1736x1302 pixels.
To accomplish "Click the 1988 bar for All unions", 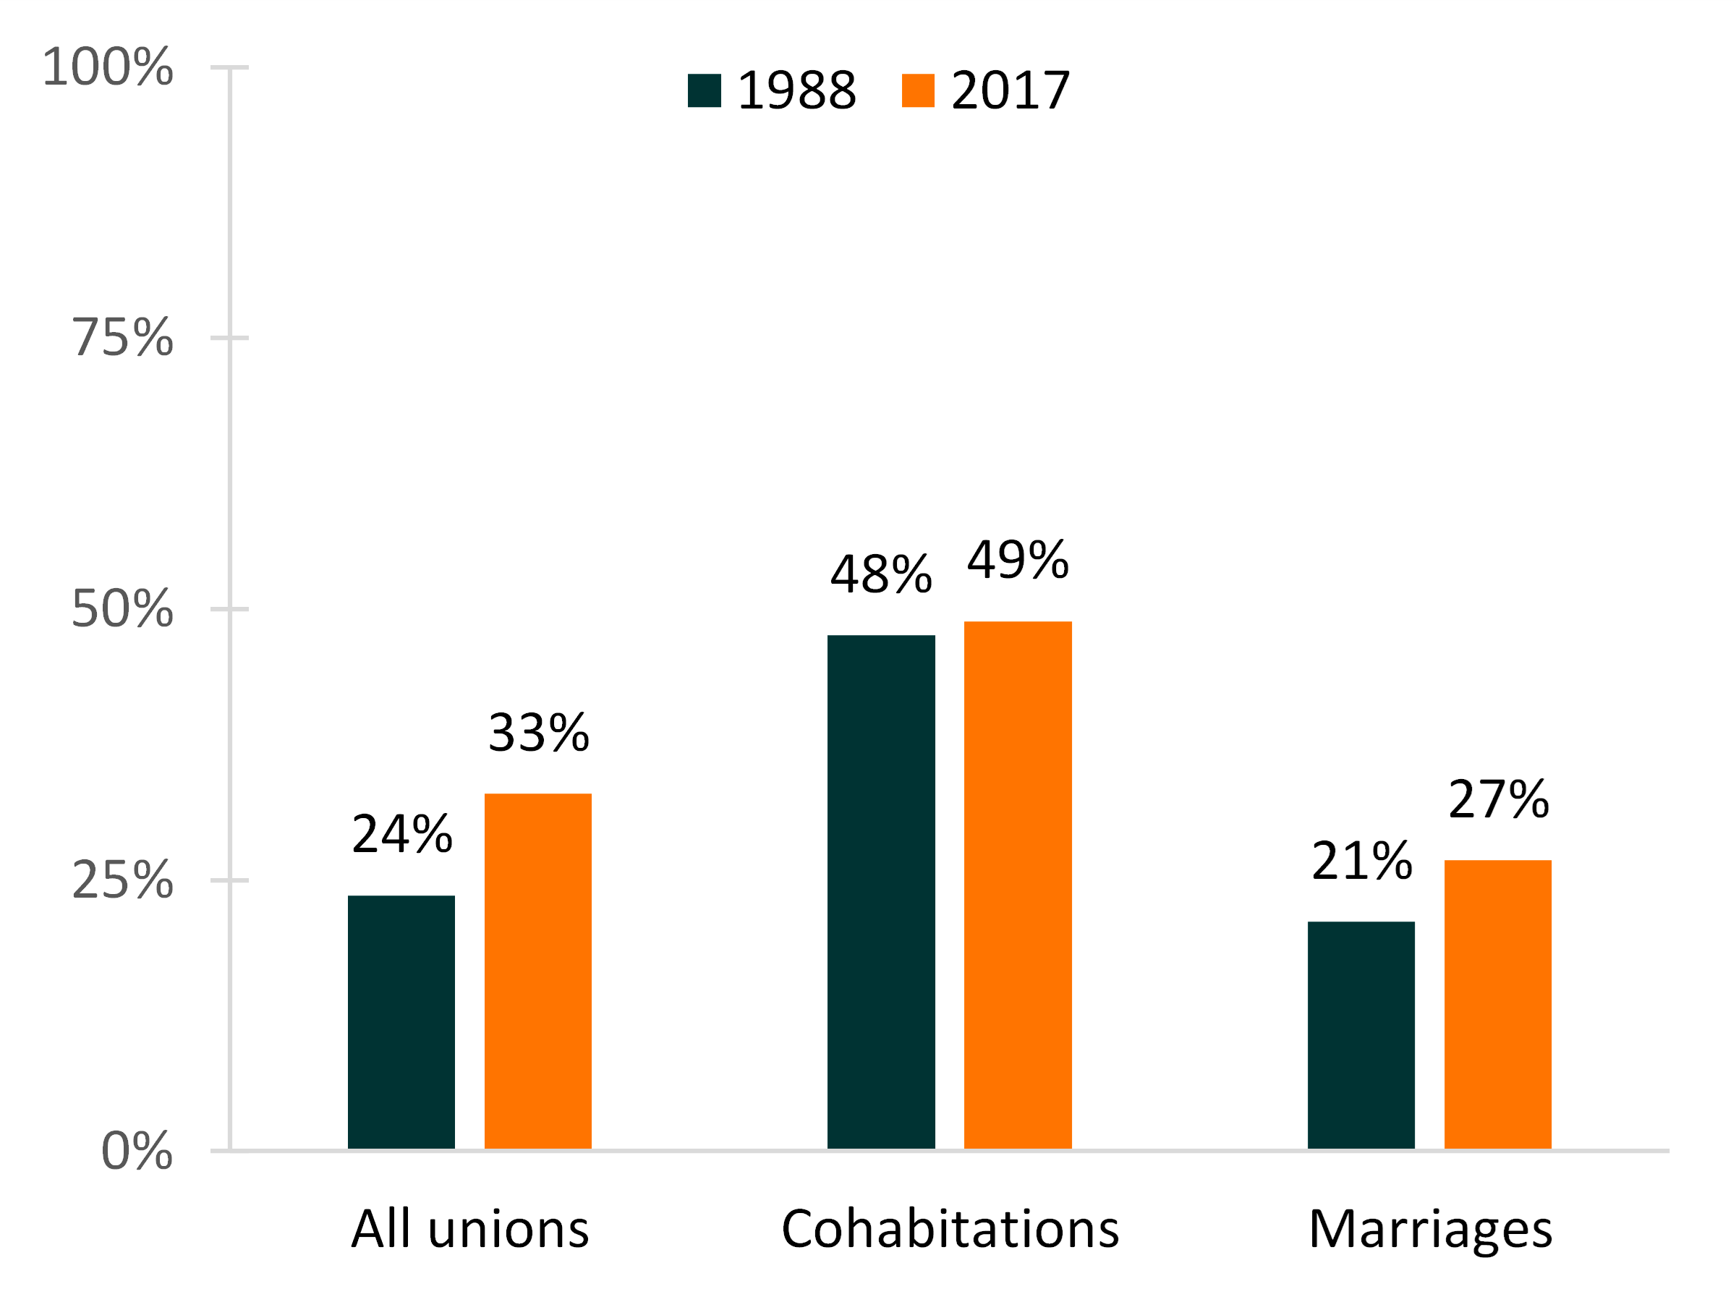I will pos(401,1022).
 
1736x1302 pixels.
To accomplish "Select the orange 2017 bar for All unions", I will pos(537,971).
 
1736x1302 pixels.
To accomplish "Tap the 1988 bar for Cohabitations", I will pos(880,893).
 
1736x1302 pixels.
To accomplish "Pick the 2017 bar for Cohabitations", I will pos(1017,885).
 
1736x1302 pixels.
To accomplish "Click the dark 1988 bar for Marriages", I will pos(1361,1035).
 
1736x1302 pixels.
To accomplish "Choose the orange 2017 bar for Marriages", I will pos(1497,1005).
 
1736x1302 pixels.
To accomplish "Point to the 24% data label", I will pos(402,833).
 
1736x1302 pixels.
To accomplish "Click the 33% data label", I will pos(538,733).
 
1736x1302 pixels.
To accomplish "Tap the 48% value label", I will pos(881,574).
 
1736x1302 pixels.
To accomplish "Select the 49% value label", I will pos(1018,561).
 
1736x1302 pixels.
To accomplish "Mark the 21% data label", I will pos(1361,861).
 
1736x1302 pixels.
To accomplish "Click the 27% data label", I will pos(1498,800).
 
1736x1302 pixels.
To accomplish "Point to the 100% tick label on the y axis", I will pos(108,67).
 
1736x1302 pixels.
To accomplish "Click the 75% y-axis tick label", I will pos(122,339).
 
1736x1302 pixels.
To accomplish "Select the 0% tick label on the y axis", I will pos(137,1152).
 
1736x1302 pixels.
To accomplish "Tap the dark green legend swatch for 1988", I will pos(704,90).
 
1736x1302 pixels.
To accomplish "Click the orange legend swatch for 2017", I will pos(917,90).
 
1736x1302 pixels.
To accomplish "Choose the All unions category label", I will pos(470,1229).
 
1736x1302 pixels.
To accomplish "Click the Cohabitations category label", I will pos(950,1229).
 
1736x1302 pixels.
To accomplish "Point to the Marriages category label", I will pos(1430,1230).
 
